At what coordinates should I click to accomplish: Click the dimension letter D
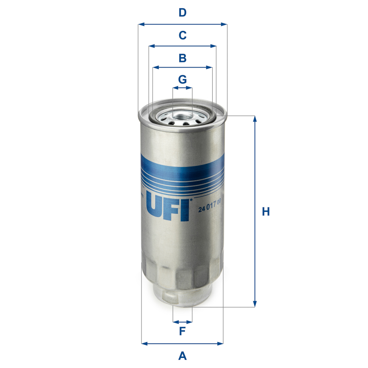pos(183,13)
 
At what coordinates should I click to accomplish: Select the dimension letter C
pos(183,35)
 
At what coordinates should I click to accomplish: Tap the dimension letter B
pos(183,58)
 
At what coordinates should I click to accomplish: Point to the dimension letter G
pos(183,79)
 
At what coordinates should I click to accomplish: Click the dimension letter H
pos(266,212)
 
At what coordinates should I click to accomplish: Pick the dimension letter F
pos(182,331)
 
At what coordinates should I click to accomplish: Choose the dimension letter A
pos(183,356)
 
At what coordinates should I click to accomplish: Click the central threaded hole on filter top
pos(182,117)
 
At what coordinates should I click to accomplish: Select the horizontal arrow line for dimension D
pos(183,24)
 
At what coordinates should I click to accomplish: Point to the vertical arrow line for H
pos(254,212)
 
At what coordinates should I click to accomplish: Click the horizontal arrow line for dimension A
pos(183,344)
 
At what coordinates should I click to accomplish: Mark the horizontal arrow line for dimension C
pos(183,46)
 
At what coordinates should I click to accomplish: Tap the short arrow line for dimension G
pos(183,87)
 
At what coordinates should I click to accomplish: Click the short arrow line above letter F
pos(183,322)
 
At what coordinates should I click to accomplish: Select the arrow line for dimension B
pos(183,68)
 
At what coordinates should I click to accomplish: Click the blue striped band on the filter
pos(182,173)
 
